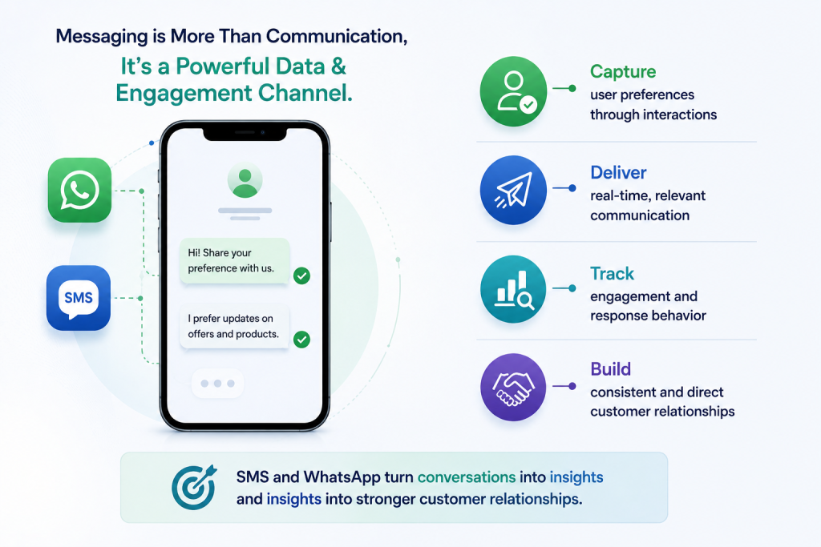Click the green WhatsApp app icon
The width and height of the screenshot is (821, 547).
click(x=79, y=190)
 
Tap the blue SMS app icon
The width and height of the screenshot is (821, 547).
click(x=79, y=298)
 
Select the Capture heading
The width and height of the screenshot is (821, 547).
click(x=622, y=71)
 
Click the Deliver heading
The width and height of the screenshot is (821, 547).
click(x=618, y=172)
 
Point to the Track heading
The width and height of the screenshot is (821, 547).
click(x=612, y=274)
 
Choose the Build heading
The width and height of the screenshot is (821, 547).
click(x=610, y=369)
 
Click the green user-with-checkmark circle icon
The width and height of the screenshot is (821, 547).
click(x=513, y=91)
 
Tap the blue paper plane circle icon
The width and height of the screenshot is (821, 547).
click(x=513, y=191)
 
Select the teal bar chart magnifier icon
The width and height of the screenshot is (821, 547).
click(x=513, y=289)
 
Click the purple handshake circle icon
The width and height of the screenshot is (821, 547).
click(x=513, y=388)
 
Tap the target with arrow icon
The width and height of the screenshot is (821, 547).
click(x=194, y=487)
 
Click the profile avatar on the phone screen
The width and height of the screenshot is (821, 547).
click(x=245, y=181)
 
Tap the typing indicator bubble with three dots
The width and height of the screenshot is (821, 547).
click(x=217, y=384)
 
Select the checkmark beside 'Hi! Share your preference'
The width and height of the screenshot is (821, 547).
click(x=301, y=276)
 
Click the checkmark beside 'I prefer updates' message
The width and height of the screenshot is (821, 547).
click(x=301, y=340)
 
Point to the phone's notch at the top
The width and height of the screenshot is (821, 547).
click(x=245, y=134)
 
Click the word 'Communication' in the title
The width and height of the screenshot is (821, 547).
click(x=336, y=37)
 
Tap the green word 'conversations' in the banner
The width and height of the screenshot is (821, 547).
click(x=467, y=477)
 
